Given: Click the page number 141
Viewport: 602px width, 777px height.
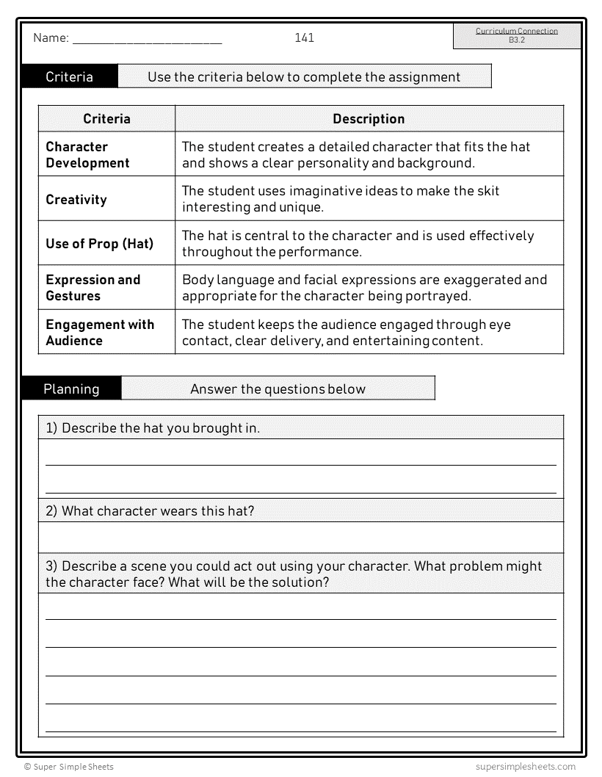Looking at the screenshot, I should pyautogui.click(x=304, y=37).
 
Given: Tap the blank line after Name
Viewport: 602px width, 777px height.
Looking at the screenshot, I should pyautogui.click(x=147, y=41).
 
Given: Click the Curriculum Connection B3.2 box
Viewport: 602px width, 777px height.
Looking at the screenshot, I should pyautogui.click(x=516, y=35).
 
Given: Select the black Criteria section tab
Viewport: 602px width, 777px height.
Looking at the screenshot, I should pyautogui.click(x=69, y=76).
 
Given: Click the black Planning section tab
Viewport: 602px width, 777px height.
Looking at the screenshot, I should pyautogui.click(x=71, y=388).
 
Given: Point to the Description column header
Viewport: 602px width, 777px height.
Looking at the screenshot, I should pyautogui.click(x=369, y=118).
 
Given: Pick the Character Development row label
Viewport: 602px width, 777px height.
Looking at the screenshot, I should pyautogui.click(x=87, y=154).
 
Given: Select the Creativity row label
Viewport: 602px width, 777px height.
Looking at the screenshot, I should pyautogui.click(x=76, y=199).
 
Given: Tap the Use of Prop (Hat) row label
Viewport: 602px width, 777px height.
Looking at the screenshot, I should pyautogui.click(x=100, y=243).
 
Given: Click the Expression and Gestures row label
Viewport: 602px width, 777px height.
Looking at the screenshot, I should pyautogui.click(x=93, y=287).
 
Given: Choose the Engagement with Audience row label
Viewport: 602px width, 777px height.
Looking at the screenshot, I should pyautogui.click(x=100, y=332).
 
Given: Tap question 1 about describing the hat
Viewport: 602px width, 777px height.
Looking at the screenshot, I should pyautogui.click(x=153, y=427).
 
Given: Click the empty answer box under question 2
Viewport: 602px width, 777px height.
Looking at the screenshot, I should pyautogui.click(x=301, y=537).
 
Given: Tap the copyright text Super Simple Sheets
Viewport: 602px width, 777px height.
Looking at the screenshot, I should pyautogui.click(x=69, y=767).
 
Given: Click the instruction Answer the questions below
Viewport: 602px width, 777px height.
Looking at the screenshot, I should pyautogui.click(x=278, y=388).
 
